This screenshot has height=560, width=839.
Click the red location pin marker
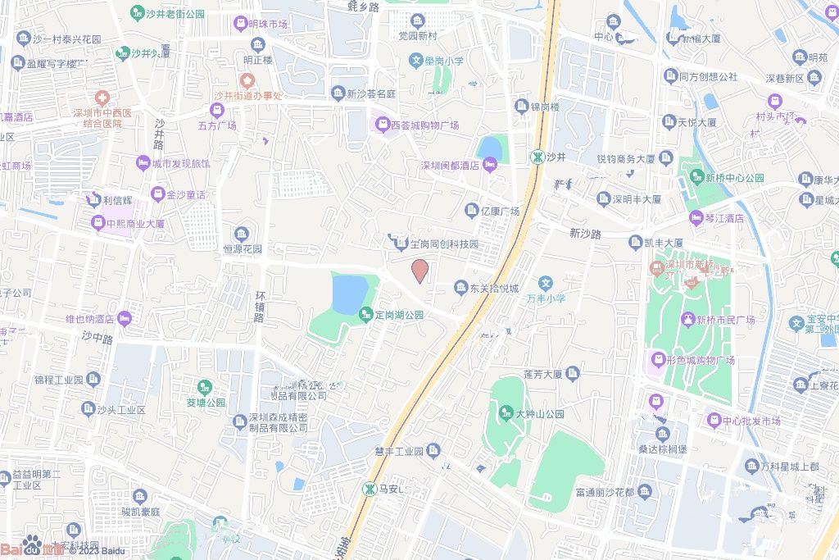(x=419, y=271)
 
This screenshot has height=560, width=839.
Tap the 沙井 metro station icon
(x=537, y=156)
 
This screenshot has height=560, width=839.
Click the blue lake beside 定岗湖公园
(x=351, y=294)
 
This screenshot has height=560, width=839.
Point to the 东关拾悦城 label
(x=494, y=289)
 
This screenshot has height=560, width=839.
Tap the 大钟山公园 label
(x=539, y=414)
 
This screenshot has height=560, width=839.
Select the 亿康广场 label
(x=500, y=212)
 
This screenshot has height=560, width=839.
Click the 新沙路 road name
(x=585, y=234)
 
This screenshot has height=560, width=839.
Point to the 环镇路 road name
(x=260, y=306)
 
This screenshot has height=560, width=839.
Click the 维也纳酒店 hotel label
(x=89, y=319)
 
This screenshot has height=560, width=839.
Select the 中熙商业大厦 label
(x=135, y=223)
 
